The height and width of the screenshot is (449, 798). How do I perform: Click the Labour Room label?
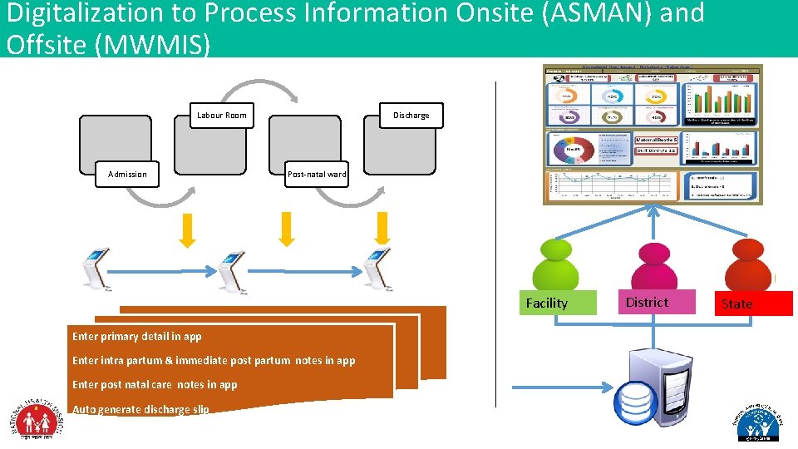point(221,115)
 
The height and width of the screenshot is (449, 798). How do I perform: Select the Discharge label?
point(411,115)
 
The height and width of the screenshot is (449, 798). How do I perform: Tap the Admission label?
point(127,174)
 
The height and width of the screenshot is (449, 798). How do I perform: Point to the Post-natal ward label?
point(317,174)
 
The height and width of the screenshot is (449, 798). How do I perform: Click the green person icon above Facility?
point(554,264)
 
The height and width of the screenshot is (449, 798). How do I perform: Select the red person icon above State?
point(749,264)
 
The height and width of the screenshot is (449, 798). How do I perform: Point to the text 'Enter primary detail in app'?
point(136,337)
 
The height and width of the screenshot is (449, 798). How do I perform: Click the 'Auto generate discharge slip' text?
point(140,409)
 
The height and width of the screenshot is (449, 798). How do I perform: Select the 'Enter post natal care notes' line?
point(155,384)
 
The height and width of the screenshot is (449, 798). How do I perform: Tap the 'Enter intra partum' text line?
point(214,360)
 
